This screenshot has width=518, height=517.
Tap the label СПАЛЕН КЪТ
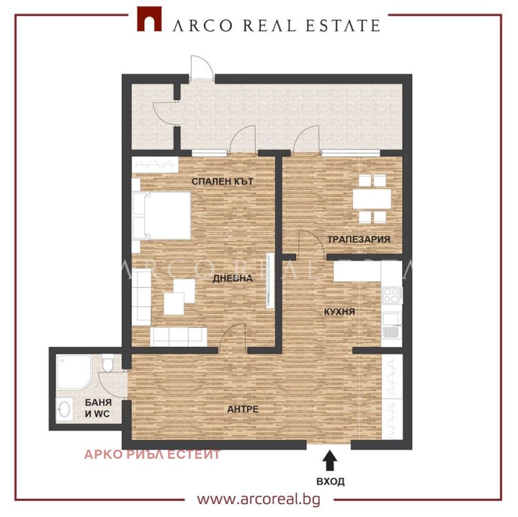pos(222,182)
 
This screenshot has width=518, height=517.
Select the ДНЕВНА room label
pos(232,279)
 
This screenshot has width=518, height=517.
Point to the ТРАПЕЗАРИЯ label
pos(358,239)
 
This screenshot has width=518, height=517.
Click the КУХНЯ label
pos(339,312)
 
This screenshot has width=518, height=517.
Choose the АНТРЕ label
pos(243,409)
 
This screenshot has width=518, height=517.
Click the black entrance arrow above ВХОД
pos(330,461)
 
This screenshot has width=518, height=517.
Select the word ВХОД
pos(330,481)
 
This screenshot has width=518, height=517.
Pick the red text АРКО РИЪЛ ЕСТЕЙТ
pos(153,454)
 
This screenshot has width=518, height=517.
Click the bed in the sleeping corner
pos(161,215)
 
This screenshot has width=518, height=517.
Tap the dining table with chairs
pos(372,197)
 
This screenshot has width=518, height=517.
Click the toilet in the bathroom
pos(107,364)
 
